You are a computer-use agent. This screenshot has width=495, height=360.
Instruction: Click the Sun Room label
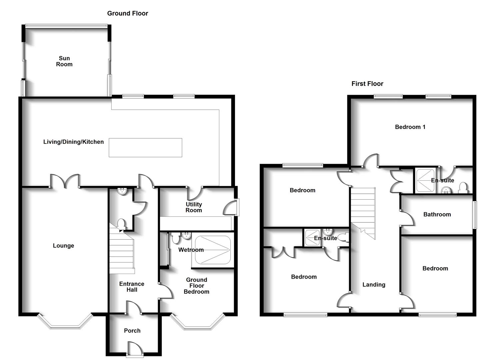pyautogui.click(x=64, y=61)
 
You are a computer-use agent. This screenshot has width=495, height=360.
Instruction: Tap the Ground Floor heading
pyautogui.click(x=127, y=13)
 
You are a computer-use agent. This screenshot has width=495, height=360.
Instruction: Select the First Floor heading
pyautogui.click(x=367, y=84)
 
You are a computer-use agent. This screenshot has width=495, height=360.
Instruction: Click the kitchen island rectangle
pyautogui.click(x=145, y=147)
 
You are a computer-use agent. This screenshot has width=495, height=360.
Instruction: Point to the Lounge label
pyautogui.click(x=63, y=246)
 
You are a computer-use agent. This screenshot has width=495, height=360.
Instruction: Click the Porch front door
pyautogui.click(x=134, y=349)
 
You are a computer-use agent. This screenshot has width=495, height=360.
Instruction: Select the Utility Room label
pyautogui.click(x=194, y=207)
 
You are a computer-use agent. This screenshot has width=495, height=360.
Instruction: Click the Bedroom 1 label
pyautogui.click(x=410, y=127)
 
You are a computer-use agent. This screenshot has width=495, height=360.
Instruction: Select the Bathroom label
pyautogui.click(x=437, y=214)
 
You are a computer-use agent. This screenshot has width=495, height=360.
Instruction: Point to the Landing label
pyautogui.click(x=374, y=285)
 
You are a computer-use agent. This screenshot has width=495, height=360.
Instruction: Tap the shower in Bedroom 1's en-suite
pyautogui.click(x=425, y=180)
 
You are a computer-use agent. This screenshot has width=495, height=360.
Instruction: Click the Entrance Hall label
pyautogui.click(x=132, y=287)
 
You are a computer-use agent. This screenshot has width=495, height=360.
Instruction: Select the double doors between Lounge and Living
pyautogui.click(x=65, y=181)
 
